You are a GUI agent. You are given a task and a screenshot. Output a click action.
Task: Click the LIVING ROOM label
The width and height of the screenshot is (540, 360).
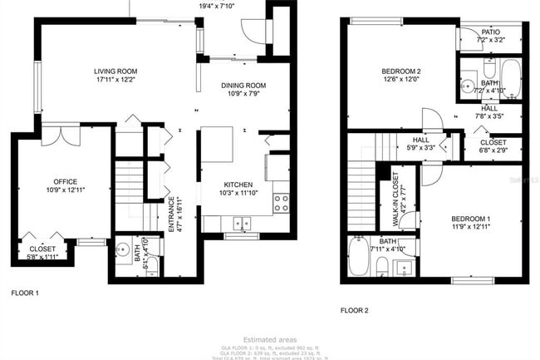click(115, 72)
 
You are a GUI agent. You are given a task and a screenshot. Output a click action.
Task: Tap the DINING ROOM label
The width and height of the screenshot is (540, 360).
click(243, 86)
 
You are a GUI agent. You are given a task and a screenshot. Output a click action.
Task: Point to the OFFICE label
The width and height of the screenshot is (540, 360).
click(66, 181)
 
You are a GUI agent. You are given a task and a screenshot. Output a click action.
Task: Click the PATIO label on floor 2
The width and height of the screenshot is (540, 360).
click(490, 32)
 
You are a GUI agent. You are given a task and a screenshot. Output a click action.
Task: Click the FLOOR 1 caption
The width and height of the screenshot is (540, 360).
click(25, 293)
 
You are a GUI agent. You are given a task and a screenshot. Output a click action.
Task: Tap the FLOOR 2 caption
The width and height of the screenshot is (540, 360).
click(354, 310)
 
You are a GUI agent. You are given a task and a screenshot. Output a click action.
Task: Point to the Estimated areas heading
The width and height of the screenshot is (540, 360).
click(270, 339)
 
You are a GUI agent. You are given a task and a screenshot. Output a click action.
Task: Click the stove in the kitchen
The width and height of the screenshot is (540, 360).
click(282, 200)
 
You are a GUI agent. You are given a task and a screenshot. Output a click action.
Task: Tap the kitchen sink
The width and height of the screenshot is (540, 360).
click(243, 223)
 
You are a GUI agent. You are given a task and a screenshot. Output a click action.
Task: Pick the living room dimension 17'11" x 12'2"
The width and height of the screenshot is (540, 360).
click(115, 80)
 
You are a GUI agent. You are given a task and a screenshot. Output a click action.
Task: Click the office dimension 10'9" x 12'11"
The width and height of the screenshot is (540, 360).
click(66, 190)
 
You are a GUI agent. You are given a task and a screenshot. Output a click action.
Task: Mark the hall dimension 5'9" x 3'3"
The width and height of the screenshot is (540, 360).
click(421, 148)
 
